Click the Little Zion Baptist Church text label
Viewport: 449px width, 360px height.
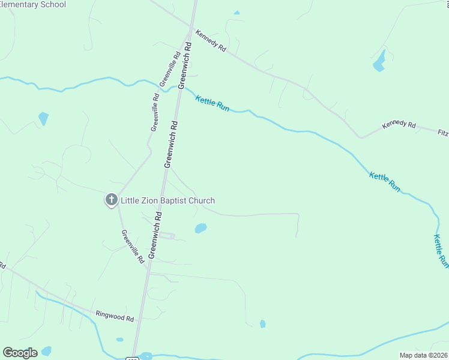(x=167, y=201)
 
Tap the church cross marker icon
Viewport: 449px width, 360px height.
(x=111, y=200)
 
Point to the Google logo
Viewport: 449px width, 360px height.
(x=20, y=353)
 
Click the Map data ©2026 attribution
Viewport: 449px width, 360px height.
(x=423, y=355)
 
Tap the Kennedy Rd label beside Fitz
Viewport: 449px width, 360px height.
(x=399, y=125)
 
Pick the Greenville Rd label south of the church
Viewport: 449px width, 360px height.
(x=133, y=247)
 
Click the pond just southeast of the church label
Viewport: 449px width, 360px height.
(x=200, y=228)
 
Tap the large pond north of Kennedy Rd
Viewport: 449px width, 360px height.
(x=379, y=61)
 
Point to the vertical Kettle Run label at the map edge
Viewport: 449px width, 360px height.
(x=441, y=250)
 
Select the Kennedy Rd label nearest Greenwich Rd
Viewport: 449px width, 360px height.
(x=211, y=42)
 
